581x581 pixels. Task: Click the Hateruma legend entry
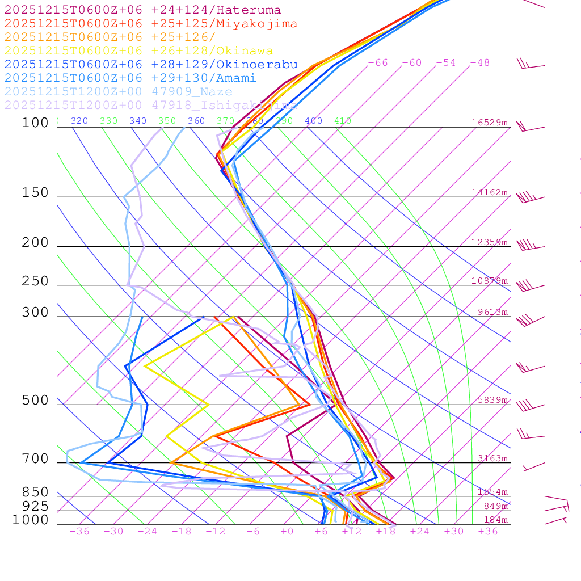(x=142, y=10)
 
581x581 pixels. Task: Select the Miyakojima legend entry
(x=151, y=24)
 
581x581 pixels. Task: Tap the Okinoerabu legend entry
(x=151, y=65)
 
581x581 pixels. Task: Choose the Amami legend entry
(x=130, y=78)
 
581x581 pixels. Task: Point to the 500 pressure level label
(x=35, y=401)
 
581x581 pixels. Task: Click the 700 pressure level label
(x=35, y=459)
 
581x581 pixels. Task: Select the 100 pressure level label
(x=35, y=123)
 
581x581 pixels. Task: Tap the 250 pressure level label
(x=35, y=281)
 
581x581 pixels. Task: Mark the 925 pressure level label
(x=35, y=506)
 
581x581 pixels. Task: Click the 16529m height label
(x=489, y=123)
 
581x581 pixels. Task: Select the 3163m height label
(x=492, y=458)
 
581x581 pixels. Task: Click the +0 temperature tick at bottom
(x=287, y=532)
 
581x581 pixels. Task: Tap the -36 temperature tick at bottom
(x=79, y=532)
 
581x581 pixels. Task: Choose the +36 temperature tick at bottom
(x=488, y=532)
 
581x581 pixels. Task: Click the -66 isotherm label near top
(x=378, y=63)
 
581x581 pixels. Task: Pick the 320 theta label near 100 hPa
(x=79, y=121)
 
